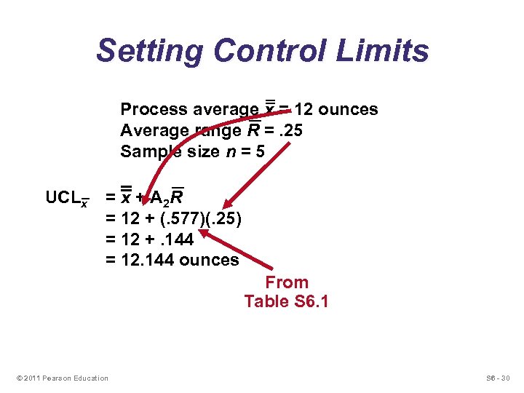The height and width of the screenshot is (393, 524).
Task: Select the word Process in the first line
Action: coord(154,109)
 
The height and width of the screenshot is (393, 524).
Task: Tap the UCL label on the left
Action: coord(63,198)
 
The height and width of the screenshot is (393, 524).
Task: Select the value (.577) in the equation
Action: coord(174,219)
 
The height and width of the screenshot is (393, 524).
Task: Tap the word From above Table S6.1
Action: coord(287,282)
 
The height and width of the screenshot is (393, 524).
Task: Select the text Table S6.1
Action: coord(287,301)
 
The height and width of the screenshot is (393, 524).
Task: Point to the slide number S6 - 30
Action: coord(499,378)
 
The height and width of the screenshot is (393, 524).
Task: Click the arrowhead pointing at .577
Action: coord(202,234)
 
